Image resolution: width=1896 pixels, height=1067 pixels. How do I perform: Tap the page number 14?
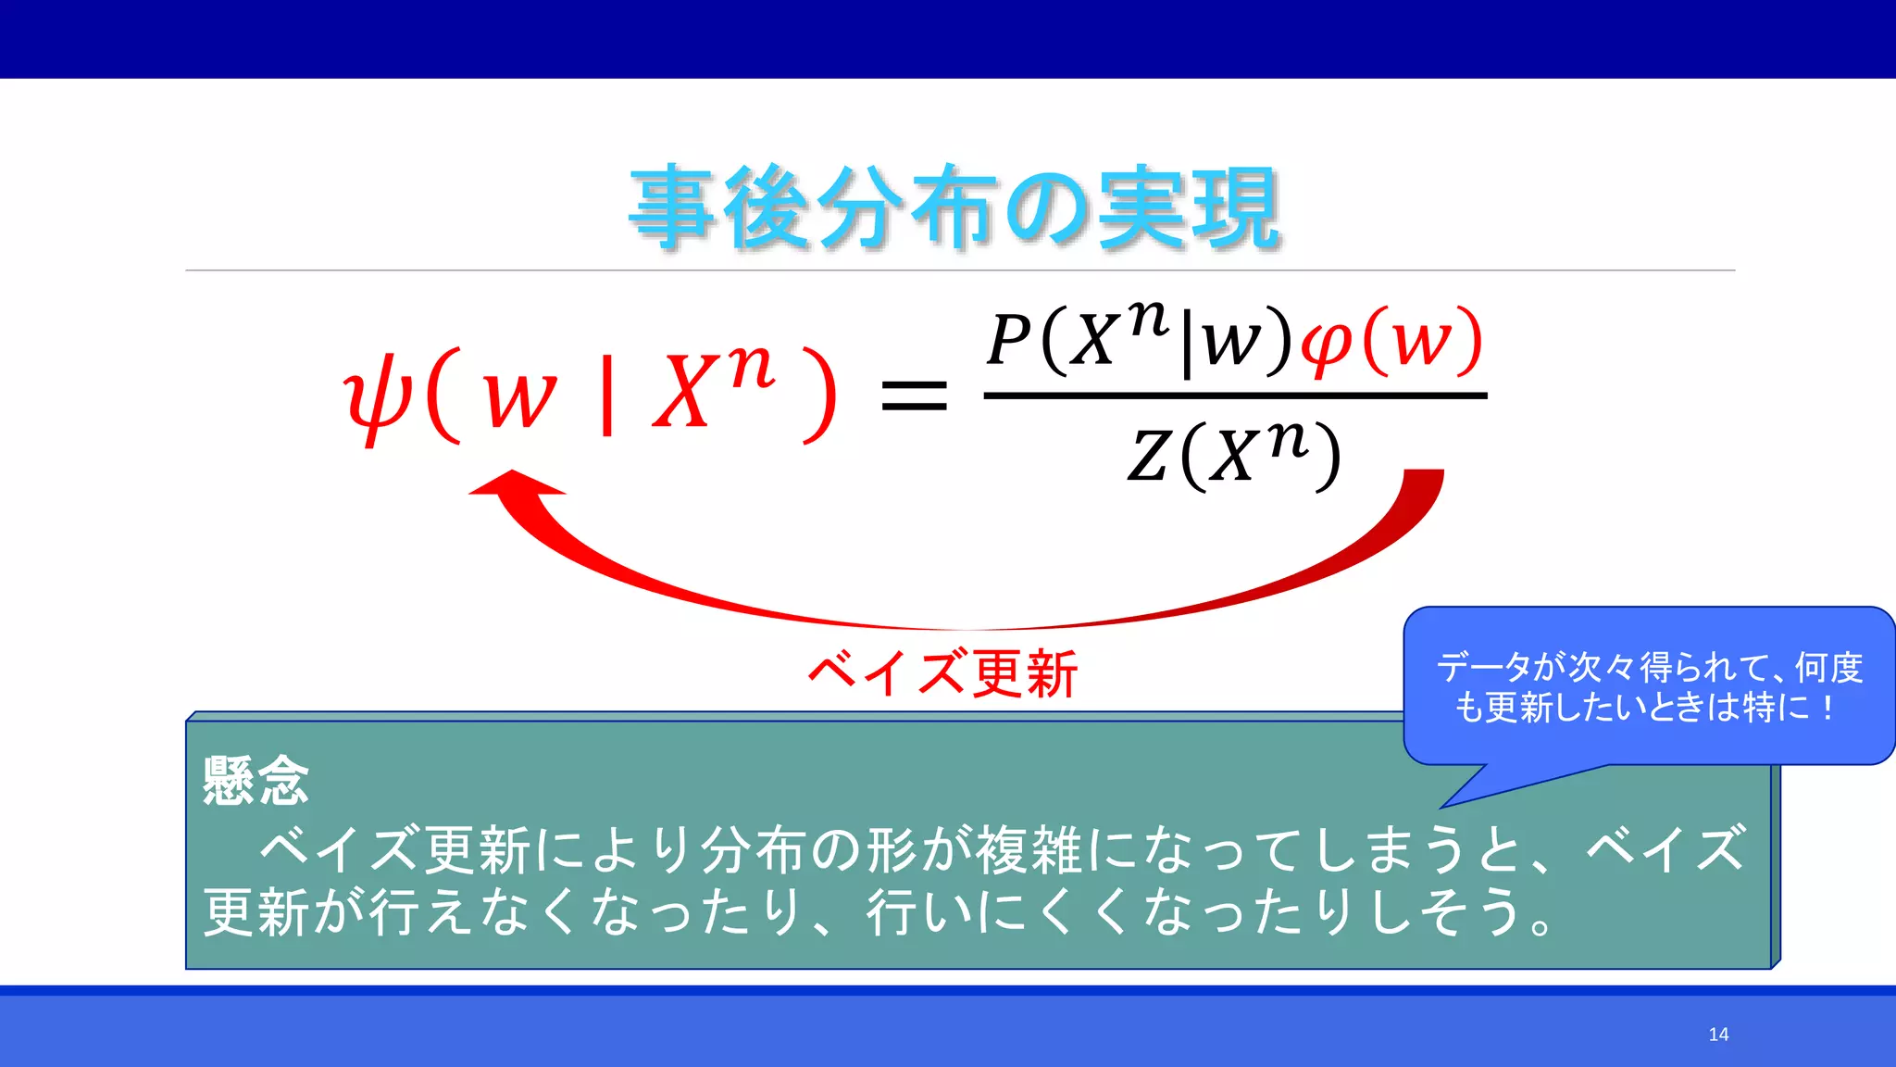1718,1035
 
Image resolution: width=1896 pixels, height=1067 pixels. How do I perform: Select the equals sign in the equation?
914,395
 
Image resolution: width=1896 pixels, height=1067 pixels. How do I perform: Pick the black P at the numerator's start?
1009,340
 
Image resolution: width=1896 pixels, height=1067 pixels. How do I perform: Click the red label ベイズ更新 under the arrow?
942,673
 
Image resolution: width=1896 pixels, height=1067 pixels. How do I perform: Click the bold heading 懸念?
256,781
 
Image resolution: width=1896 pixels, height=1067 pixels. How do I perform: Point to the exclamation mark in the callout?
1827,709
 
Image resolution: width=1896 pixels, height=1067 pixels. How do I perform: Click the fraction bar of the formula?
1235,395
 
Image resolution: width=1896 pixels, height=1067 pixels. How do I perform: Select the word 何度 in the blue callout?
1828,668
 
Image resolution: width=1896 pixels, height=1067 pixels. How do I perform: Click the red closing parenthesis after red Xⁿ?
820,396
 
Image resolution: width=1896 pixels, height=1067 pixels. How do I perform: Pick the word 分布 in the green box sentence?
754,849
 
